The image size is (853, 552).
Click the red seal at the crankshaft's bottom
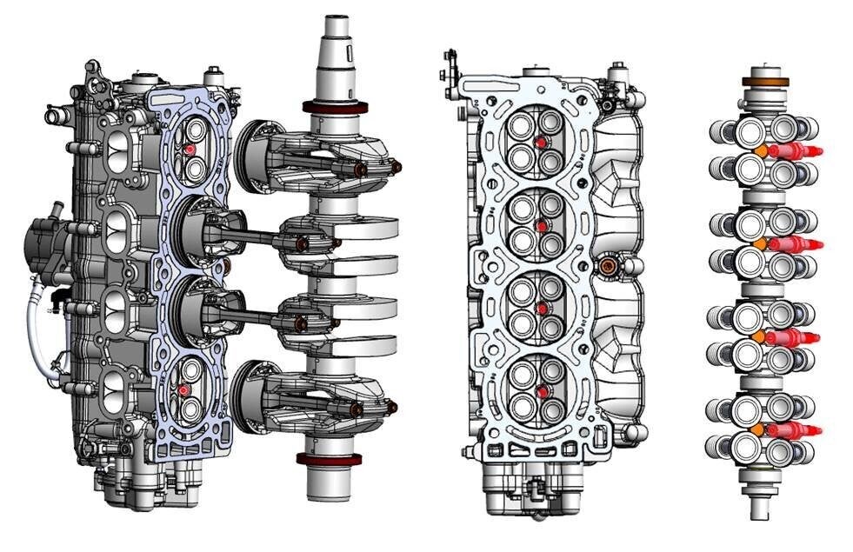click(x=331, y=459)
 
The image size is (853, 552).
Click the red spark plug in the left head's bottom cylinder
click(x=184, y=391)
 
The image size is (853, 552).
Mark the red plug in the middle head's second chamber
click(x=541, y=226)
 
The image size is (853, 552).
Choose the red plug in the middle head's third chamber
click(x=540, y=309)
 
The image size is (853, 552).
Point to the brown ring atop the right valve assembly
click(x=763, y=83)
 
